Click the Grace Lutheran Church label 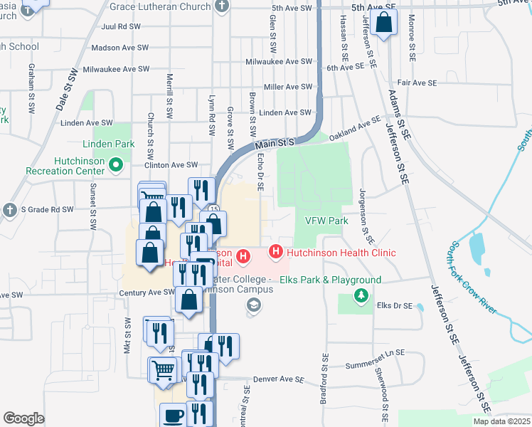point(161,6)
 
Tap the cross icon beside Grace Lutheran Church point(222,6)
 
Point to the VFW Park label point(326,221)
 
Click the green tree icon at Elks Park point(362,295)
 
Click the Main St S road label point(275,143)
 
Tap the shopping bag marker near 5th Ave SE point(384,22)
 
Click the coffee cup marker point(172,414)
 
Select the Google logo point(23,418)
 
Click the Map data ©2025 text point(501,421)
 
